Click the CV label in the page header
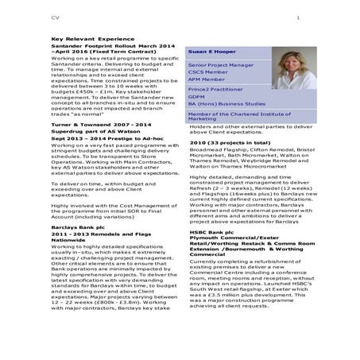[x=54, y=17]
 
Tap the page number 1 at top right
[x=297, y=17]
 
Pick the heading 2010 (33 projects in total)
[x=230, y=141]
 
